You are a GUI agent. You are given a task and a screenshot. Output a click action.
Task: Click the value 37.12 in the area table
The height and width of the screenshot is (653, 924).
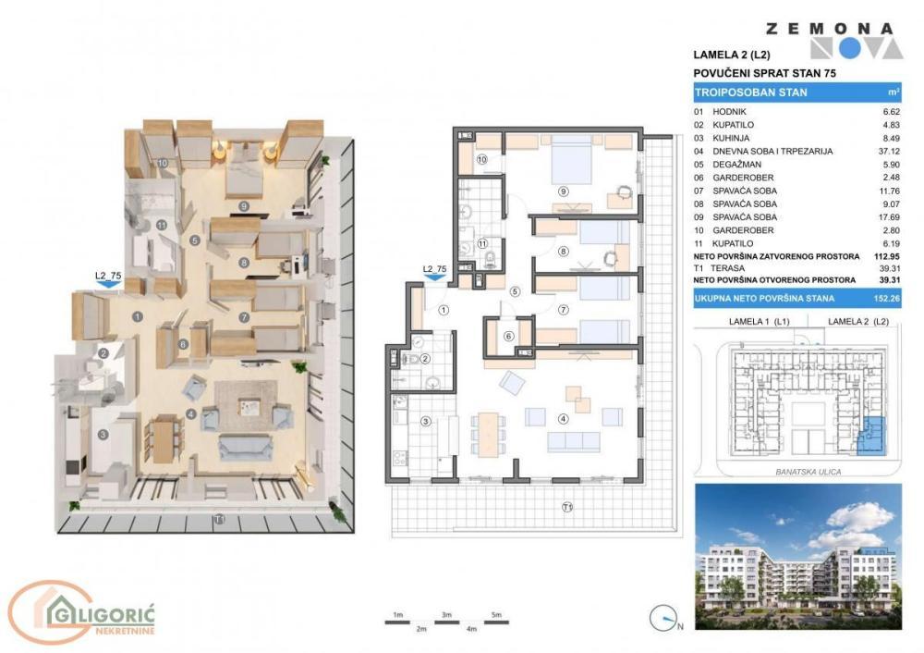(889, 152)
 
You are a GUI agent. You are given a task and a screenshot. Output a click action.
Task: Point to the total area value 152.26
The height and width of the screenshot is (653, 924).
(888, 298)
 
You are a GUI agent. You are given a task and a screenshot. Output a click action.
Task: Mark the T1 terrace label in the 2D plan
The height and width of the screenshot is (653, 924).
(568, 507)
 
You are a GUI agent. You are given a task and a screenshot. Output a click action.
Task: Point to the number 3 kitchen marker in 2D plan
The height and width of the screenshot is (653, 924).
(426, 422)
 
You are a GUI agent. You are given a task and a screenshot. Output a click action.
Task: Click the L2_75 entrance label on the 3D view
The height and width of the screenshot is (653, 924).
(108, 275)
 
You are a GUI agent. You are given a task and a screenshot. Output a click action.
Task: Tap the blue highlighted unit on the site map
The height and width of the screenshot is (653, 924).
(871, 436)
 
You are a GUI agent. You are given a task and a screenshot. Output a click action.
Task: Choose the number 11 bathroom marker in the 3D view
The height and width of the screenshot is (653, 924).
(161, 224)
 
